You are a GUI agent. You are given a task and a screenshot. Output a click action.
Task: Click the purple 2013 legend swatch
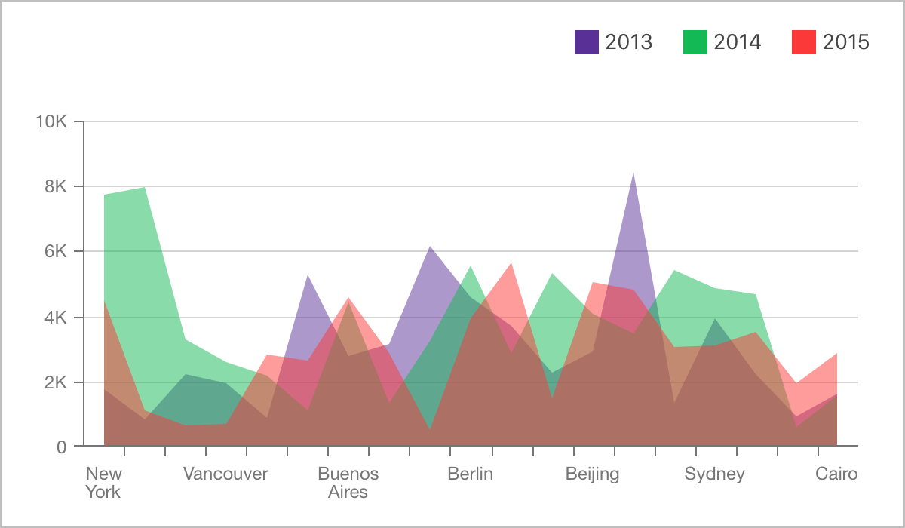587,42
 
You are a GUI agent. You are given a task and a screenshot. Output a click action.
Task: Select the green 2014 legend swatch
695,42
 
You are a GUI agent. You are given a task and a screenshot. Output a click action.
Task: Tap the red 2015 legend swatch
804,42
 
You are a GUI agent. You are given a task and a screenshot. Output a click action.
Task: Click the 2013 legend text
629,42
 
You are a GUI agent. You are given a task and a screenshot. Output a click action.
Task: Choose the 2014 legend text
738,42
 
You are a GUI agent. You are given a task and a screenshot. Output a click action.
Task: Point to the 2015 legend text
846,42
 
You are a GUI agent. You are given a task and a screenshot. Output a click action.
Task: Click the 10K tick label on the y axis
51,121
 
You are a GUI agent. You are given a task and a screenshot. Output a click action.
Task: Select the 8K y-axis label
56,186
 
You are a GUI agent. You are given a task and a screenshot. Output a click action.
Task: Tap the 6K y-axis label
56,252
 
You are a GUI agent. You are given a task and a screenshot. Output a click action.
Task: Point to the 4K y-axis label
56,318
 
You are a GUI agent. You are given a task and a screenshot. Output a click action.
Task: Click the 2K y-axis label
56,382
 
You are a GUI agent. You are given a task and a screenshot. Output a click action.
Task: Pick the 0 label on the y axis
61,447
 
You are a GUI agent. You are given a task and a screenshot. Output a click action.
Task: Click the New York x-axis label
103,483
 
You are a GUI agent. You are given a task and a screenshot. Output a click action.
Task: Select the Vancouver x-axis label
225,474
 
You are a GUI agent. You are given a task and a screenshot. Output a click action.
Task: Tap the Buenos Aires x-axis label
348,483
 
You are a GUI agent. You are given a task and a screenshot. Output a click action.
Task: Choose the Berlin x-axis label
470,474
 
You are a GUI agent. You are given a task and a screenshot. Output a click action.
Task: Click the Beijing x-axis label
592,474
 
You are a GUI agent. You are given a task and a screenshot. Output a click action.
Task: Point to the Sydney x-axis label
714,474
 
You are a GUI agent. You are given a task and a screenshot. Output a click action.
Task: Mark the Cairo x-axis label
836,474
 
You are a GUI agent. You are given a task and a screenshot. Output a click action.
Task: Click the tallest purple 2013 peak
633,174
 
